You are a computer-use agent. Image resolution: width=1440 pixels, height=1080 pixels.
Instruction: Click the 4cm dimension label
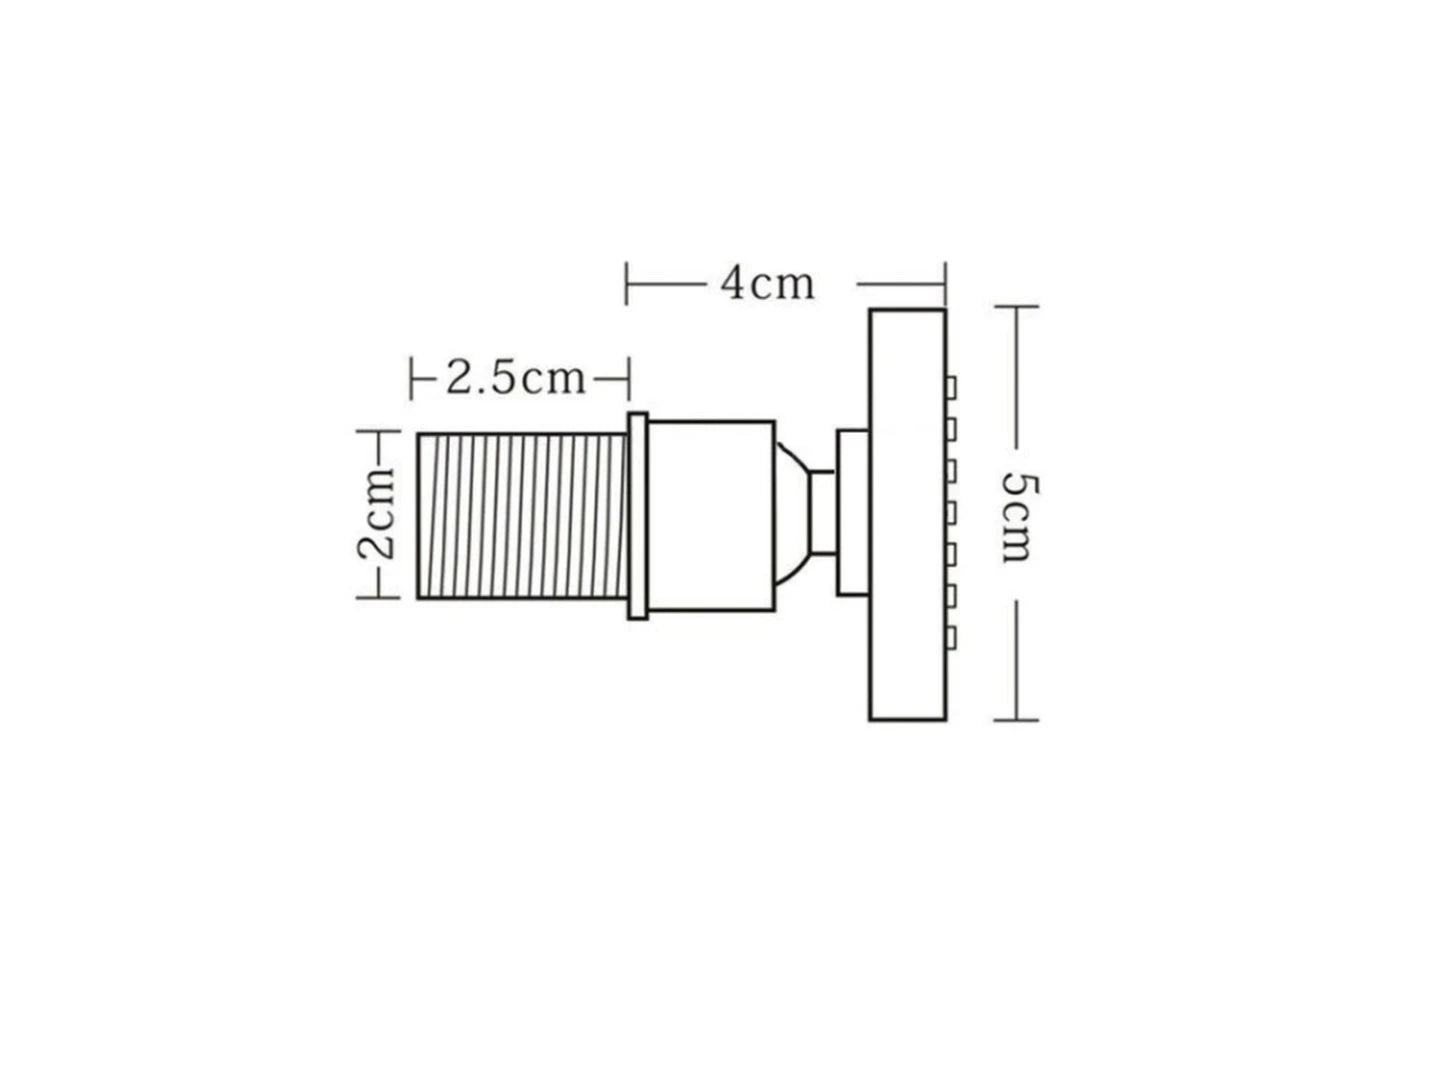click(x=767, y=285)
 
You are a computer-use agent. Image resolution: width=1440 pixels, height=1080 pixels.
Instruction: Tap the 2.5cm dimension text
click(x=516, y=379)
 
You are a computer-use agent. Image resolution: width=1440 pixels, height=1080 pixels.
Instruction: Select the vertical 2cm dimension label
click(x=377, y=514)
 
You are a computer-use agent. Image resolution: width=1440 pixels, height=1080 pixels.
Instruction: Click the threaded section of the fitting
click(x=522, y=515)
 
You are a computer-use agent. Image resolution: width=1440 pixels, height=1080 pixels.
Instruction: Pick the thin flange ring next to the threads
click(x=638, y=515)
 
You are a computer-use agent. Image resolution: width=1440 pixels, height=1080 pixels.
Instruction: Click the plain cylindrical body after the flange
click(x=711, y=515)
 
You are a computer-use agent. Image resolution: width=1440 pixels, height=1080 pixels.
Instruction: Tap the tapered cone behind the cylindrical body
click(x=792, y=513)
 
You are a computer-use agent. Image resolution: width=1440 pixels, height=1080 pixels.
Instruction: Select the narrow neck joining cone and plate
click(x=823, y=513)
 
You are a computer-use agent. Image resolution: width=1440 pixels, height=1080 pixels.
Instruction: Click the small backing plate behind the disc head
click(x=853, y=513)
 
